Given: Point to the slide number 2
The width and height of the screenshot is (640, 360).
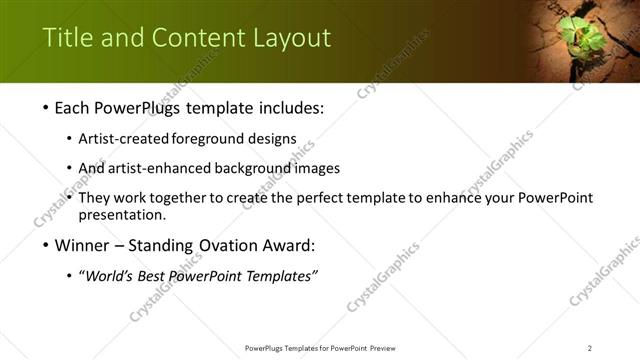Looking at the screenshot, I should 590,348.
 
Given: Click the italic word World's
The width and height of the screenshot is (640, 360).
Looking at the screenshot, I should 111,276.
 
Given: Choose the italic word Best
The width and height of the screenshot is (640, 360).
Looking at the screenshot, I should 160,276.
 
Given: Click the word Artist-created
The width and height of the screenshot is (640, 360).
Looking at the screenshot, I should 124,138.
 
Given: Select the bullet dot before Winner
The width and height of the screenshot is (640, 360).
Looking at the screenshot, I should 48,245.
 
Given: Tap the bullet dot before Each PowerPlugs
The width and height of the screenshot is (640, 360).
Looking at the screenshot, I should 48,107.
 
